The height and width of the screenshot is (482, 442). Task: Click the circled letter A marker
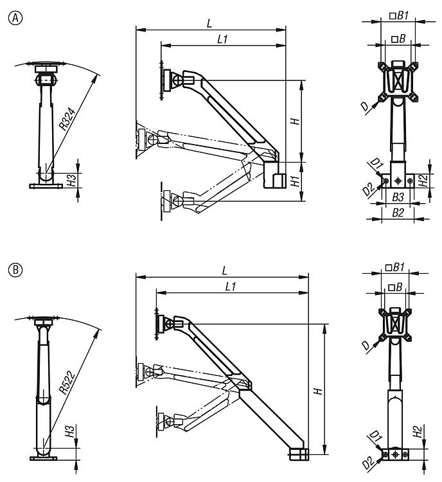click(9, 17)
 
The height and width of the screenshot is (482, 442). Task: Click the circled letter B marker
click(9, 266)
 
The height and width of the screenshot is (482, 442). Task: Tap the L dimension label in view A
click(209, 23)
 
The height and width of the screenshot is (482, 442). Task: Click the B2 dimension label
click(398, 211)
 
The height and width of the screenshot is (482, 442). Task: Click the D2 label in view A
click(367, 190)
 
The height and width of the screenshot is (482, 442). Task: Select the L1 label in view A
click(223, 39)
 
